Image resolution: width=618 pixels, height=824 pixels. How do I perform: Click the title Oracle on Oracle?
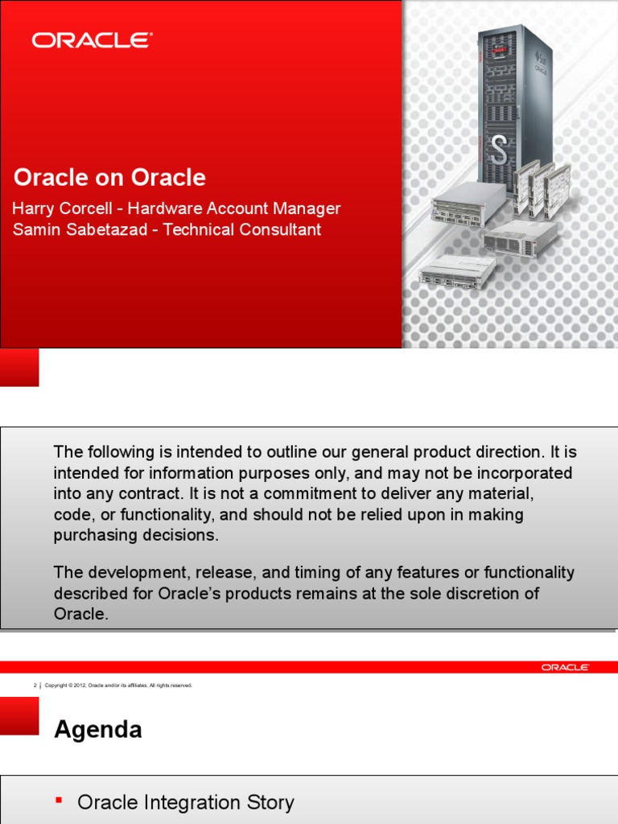[109, 178]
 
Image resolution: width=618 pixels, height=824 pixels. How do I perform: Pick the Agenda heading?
[97, 730]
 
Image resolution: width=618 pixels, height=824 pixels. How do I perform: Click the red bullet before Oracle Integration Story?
[59, 800]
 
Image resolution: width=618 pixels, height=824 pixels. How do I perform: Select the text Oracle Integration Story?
[186, 802]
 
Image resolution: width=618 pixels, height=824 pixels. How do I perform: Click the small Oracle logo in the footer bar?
[565, 667]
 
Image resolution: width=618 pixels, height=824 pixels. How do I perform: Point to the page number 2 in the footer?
[35, 686]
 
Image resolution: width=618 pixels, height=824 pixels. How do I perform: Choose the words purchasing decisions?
[136, 535]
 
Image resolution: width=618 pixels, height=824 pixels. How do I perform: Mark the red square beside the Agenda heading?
[19, 715]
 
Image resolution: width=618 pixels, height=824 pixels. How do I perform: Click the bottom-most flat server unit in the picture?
[456, 271]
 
